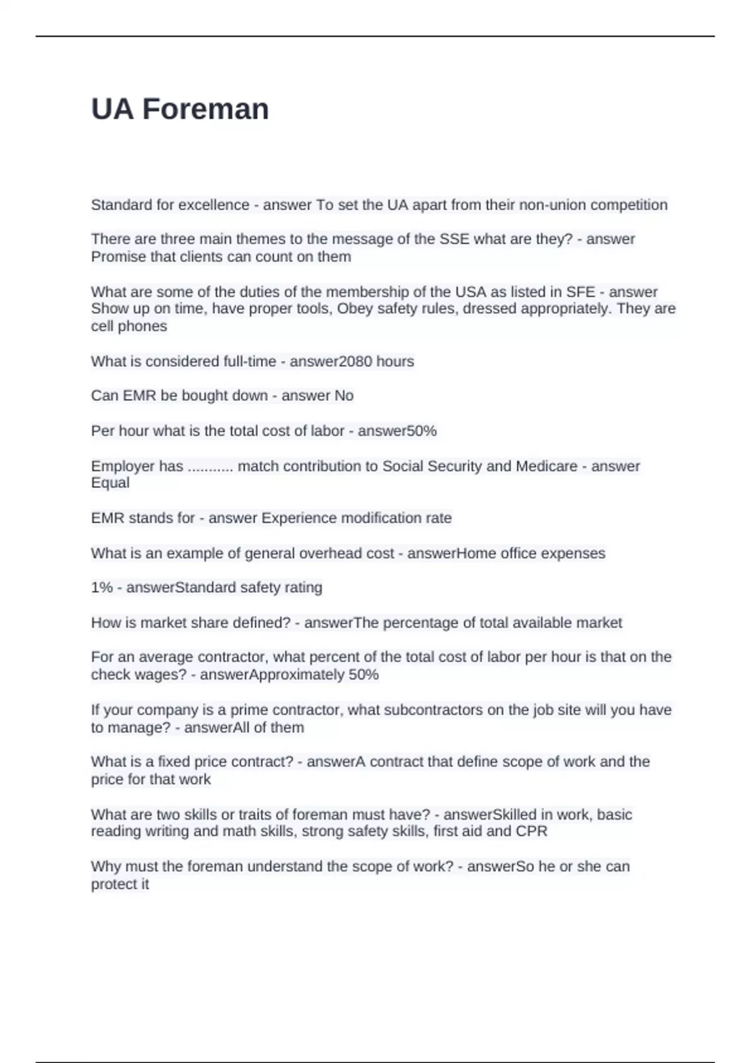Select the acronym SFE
(x=580, y=292)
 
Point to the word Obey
(x=355, y=309)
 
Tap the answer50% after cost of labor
(x=397, y=431)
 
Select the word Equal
(x=110, y=483)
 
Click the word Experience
(x=299, y=518)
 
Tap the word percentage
(x=420, y=623)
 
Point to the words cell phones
(x=129, y=326)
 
